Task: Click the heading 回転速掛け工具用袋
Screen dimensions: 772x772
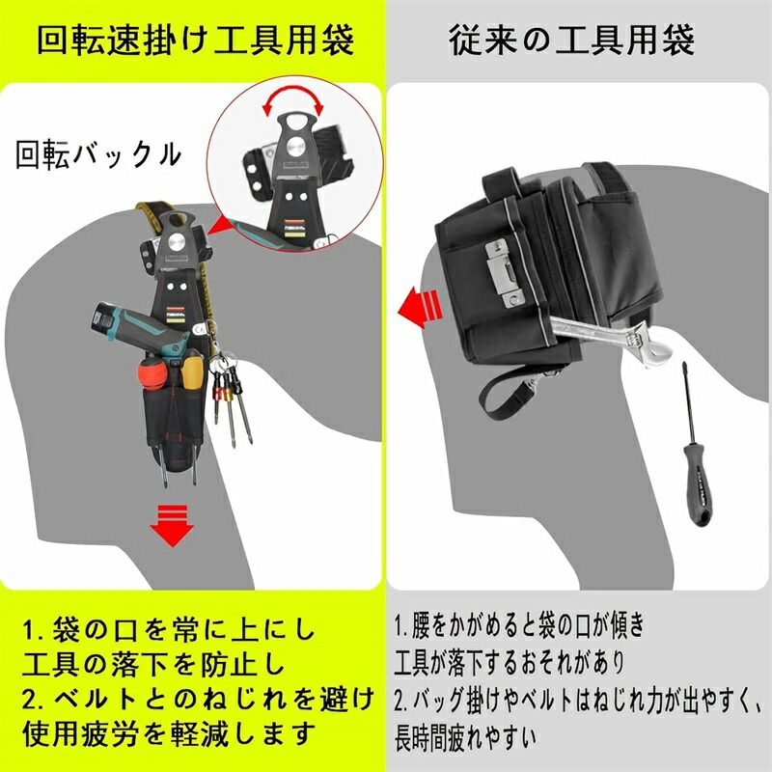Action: [x=196, y=40]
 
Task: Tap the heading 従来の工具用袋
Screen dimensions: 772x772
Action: [x=571, y=40]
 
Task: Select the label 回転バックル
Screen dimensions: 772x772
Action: [x=98, y=154]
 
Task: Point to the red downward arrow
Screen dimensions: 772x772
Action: [x=172, y=525]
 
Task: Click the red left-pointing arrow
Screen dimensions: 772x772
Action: [x=420, y=309]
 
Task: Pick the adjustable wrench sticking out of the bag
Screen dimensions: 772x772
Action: [x=612, y=337]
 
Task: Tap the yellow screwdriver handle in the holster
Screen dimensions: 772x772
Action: [x=192, y=370]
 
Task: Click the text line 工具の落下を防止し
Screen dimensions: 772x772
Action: [x=154, y=665]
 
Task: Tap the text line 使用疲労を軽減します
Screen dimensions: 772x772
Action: [x=167, y=733]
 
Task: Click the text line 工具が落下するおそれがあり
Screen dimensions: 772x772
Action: [x=510, y=663]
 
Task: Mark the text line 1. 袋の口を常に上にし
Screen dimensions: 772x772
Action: [x=169, y=630]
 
